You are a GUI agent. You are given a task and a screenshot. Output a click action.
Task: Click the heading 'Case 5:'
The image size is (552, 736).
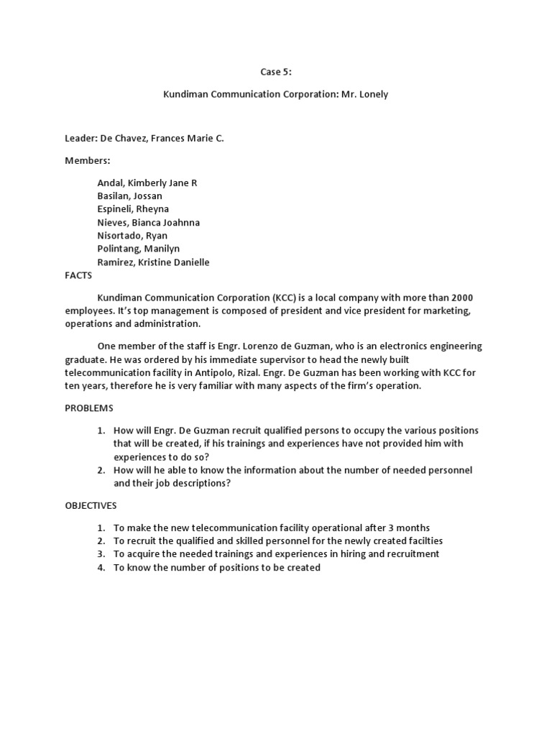[275, 72]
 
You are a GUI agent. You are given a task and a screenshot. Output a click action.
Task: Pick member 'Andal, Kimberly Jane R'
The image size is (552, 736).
[147, 183]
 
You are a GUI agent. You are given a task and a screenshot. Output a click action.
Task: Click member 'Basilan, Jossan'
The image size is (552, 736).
[129, 195]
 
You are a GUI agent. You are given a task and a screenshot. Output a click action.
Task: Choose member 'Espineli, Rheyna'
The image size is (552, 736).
[133, 209]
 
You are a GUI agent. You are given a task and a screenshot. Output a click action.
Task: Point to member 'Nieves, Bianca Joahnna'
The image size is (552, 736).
[148, 223]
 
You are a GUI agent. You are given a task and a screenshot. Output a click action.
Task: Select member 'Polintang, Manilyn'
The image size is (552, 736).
[138, 249]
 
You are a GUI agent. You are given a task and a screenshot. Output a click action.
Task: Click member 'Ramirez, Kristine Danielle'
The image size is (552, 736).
[153, 262]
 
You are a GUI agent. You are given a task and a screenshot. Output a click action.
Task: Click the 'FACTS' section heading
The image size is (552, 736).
[79, 275]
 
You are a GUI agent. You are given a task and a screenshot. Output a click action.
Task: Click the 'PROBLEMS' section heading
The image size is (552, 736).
[89, 408]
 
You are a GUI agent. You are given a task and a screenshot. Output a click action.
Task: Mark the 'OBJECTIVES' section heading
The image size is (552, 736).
[91, 505]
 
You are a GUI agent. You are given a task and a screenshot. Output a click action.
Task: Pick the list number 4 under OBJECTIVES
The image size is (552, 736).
[101, 568]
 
